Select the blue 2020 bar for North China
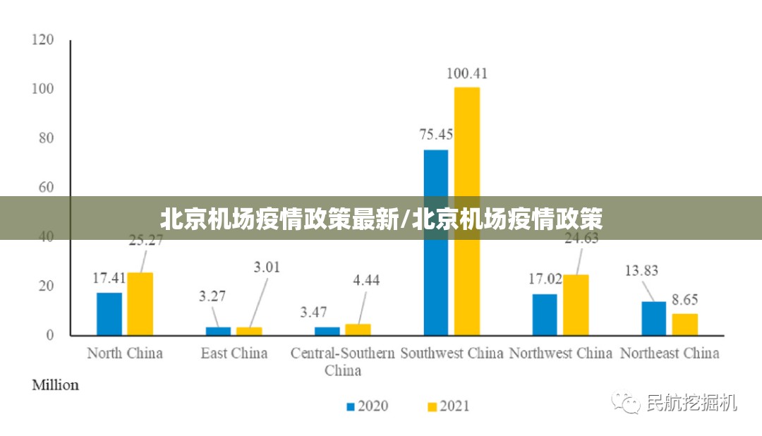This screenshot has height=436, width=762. (109, 314)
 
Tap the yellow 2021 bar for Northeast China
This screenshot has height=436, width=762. (684, 325)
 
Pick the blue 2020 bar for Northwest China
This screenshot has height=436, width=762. (545, 315)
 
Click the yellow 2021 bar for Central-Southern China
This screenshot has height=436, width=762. (358, 329)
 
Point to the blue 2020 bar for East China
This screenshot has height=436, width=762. (218, 331)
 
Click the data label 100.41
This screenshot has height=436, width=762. (467, 73)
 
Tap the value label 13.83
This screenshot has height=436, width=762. (641, 270)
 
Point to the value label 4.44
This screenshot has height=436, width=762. (366, 280)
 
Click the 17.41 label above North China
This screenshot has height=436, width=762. (109, 278)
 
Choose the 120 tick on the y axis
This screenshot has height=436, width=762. (42, 40)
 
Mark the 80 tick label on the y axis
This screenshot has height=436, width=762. (45, 138)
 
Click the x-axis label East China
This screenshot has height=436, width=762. (234, 353)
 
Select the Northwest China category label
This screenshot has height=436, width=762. (561, 353)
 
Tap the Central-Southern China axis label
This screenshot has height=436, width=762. (343, 361)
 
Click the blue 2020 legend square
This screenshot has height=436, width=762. (350, 406)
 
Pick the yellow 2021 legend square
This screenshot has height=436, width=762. (432, 406)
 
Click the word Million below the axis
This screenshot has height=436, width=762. (56, 385)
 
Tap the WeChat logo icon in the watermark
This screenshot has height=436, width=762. (626, 403)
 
